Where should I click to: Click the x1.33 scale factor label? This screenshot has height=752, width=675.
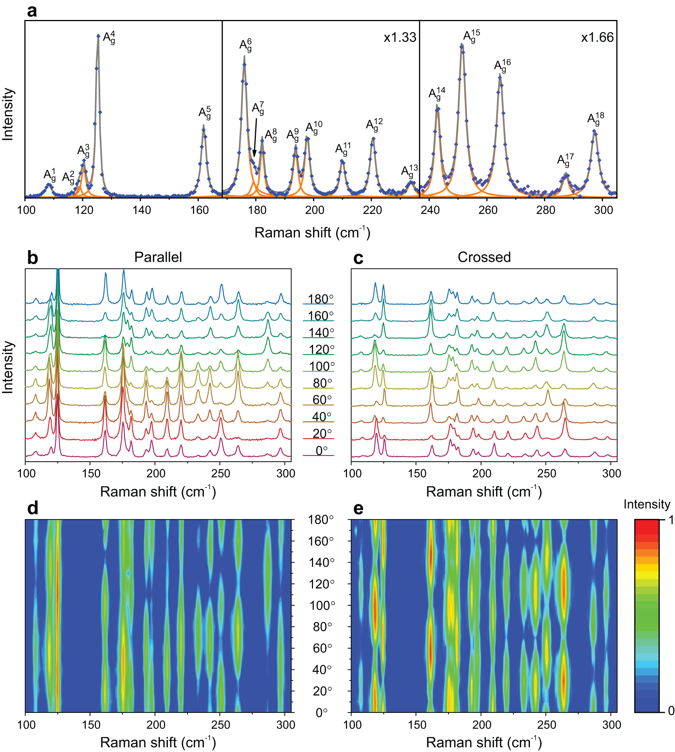click(400, 38)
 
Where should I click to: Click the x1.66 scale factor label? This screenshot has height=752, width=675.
click(597, 38)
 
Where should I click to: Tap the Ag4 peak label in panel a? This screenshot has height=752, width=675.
click(109, 38)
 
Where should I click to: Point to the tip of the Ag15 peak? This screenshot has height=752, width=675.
click(462, 45)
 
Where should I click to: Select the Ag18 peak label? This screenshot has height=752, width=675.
click(596, 118)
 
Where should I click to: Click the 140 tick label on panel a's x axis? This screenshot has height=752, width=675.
click(141, 210)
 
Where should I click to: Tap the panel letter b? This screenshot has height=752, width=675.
click(32, 258)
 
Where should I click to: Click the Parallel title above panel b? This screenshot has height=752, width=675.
click(158, 257)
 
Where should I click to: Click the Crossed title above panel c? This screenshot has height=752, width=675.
click(484, 257)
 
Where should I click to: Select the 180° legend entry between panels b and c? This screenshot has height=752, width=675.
click(320, 299)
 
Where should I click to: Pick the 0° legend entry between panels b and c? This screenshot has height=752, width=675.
click(321, 451)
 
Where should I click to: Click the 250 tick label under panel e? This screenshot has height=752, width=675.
click(546, 725)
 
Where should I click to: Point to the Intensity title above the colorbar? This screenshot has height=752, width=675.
click(646, 504)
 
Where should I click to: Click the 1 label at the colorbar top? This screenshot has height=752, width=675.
click(670, 520)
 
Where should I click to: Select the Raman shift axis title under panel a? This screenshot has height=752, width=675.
click(312, 232)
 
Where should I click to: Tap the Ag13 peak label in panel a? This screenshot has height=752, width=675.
click(409, 171)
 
